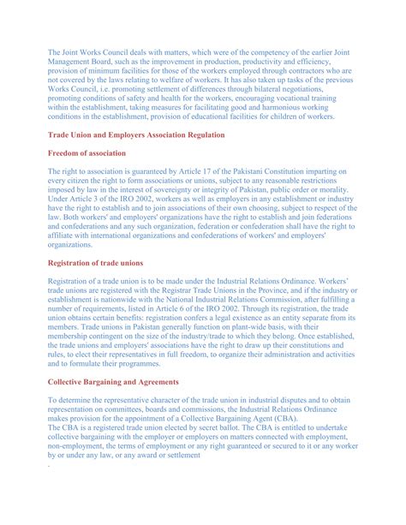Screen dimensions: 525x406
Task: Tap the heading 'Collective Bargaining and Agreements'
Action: (126, 382)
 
